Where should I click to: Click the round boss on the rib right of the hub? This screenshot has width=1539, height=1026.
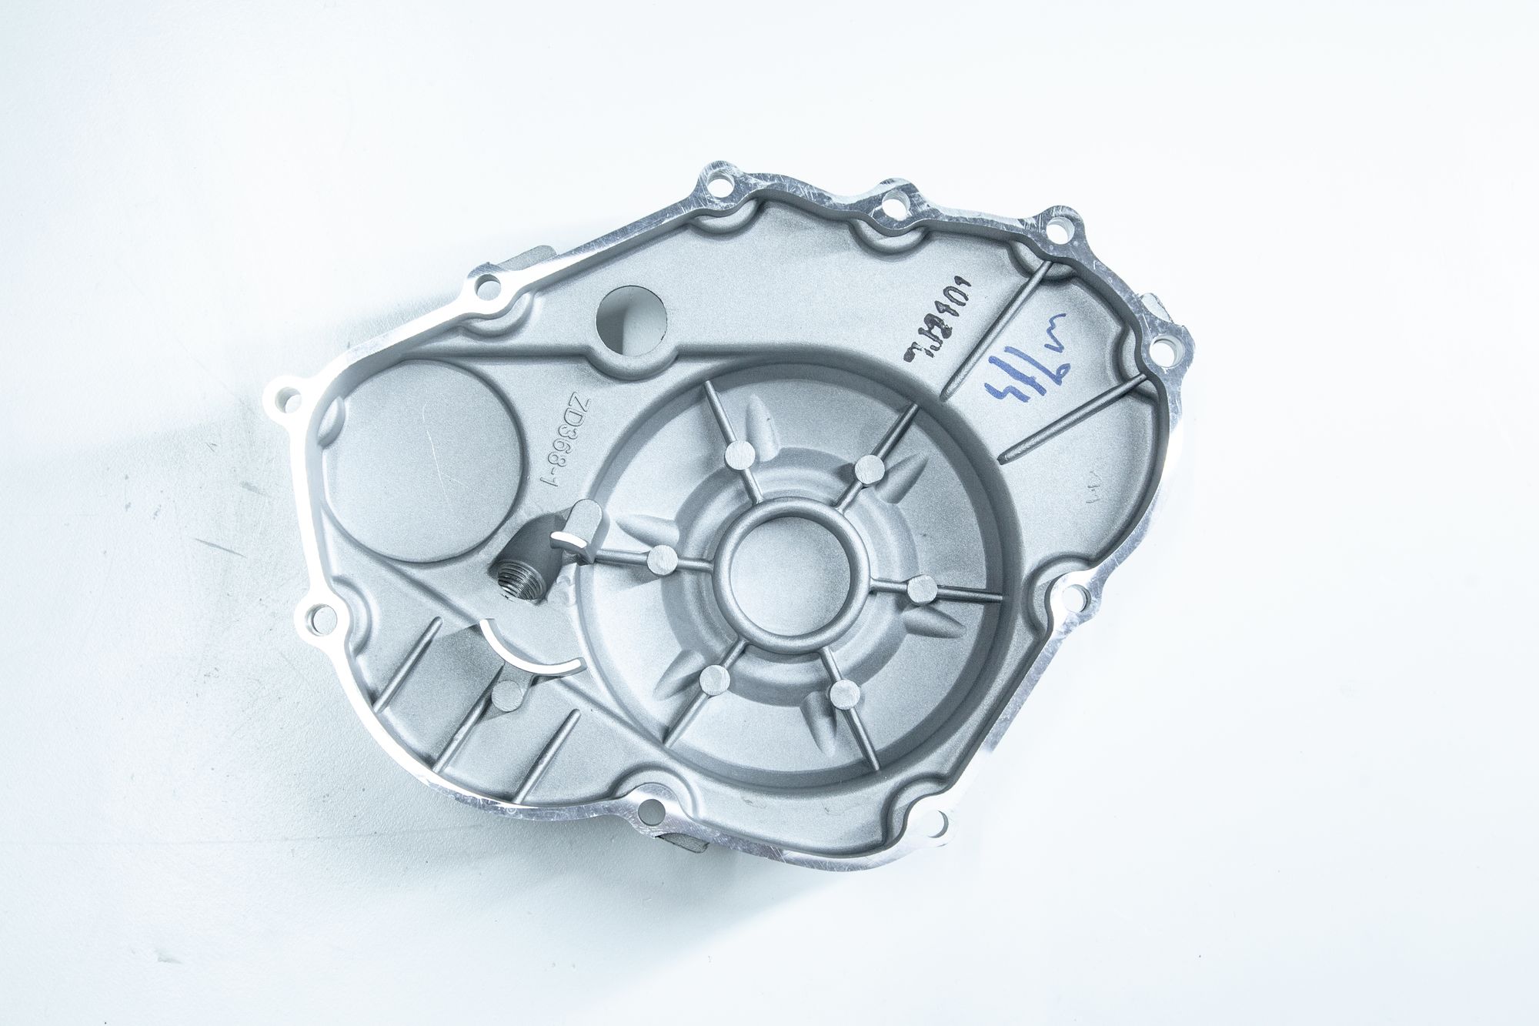(920, 590)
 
